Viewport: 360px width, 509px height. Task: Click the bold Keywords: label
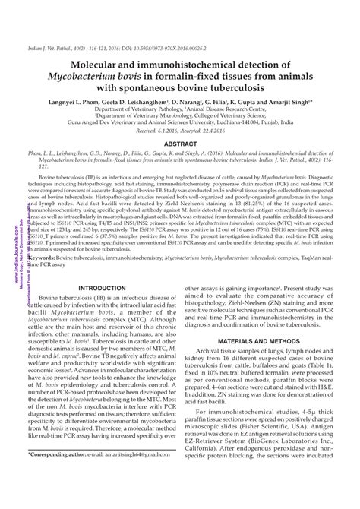(x=46, y=280)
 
